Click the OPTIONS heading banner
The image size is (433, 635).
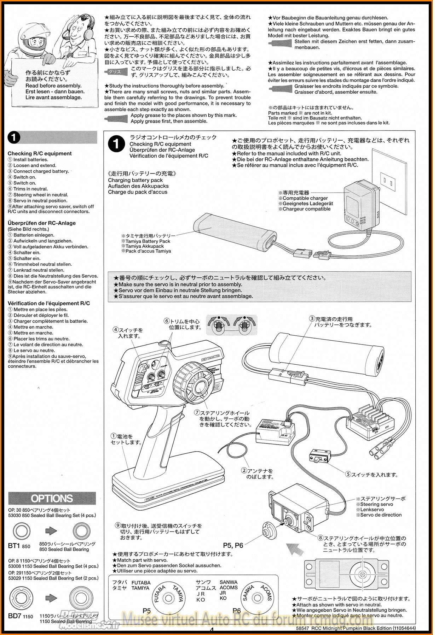(52, 498)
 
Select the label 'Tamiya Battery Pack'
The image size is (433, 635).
(148, 241)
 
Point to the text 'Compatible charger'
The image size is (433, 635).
(305, 198)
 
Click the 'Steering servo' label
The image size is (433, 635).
(376, 504)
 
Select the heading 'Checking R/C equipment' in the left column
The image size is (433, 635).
(40, 153)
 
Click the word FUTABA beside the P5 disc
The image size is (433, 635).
(141, 583)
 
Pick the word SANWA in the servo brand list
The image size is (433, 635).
(229, 582)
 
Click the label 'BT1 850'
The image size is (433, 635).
(19, 546)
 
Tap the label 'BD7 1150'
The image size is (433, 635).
(20, 616)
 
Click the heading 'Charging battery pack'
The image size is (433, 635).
(135, 180)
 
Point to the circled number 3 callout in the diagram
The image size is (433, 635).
(312, 319)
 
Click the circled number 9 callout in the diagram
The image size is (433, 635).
(118, 525)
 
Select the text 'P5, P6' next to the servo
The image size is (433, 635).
(233, 545)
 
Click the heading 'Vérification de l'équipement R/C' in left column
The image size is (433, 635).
(49, 303)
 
